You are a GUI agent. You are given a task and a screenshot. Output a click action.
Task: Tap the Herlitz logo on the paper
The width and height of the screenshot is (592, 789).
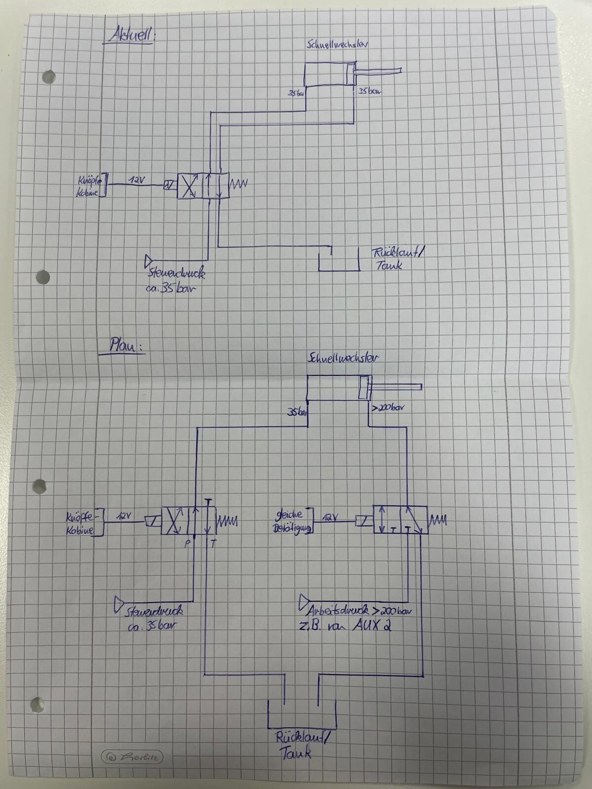132,757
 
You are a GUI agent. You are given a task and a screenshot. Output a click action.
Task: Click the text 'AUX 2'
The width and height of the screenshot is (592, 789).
372,626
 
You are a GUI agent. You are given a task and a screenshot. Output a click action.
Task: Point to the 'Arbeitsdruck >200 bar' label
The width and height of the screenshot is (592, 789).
359,611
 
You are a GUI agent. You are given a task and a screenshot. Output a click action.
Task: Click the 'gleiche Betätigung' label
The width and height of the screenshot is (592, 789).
293,522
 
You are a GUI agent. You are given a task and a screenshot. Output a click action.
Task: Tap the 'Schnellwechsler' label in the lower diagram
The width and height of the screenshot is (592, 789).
343,358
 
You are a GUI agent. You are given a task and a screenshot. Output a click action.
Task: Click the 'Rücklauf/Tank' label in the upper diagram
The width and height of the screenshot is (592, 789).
397,259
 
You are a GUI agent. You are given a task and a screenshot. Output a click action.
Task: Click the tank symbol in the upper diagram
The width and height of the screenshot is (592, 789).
338,260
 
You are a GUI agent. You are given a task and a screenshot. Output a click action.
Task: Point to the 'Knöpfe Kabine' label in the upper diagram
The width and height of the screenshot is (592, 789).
89,186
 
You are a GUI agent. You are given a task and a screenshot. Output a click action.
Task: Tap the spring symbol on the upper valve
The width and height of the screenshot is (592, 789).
239,184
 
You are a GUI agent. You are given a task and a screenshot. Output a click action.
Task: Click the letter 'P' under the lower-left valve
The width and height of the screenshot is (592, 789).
187,543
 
